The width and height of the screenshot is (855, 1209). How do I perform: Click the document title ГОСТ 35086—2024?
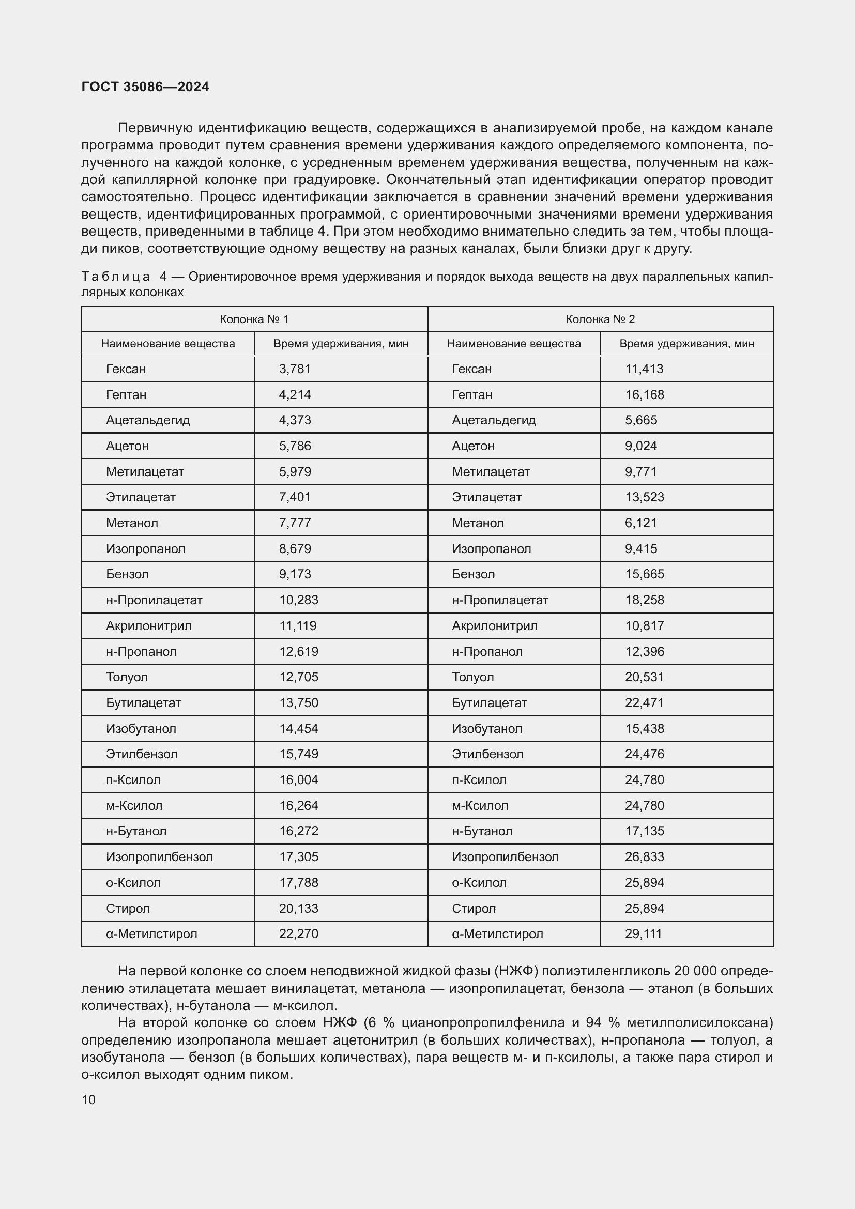tap(145, 87)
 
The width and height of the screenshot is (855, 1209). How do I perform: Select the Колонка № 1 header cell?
tap(254, 319)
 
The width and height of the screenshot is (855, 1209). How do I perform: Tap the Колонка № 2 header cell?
tap(600, 319)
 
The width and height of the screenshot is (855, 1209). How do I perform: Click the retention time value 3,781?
tap(295, 369)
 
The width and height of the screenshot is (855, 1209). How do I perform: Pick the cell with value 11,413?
tap(644, 369)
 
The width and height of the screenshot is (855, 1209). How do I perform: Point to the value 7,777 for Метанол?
tap(295, 523)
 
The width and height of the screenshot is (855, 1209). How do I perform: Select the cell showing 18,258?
tap(645, 600)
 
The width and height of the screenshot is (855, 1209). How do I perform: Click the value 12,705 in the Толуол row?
tap(298, 677)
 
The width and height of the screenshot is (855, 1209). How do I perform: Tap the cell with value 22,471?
tap(645, 703)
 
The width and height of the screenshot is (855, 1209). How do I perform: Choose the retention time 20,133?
tap(298, 908)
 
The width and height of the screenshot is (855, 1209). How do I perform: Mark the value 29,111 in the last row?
tap(644, 934)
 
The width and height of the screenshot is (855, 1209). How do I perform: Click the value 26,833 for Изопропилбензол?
tap(645, 857)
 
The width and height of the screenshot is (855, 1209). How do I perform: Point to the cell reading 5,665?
tap(640, 420)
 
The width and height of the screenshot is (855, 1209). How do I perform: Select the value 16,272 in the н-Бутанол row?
tap(298, 832)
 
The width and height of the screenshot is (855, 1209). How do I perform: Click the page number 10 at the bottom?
tap(88, 1100)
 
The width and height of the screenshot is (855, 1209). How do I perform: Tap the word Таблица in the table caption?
tap(115, 277)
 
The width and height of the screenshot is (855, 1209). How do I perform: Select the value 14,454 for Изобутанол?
tap(298, 729)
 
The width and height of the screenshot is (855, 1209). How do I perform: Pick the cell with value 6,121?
tap(640, 523)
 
